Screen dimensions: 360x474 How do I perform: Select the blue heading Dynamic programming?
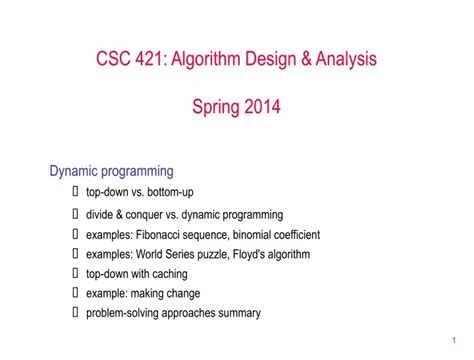tap(112, 171)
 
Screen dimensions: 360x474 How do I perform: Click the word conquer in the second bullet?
tap(152, 214)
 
